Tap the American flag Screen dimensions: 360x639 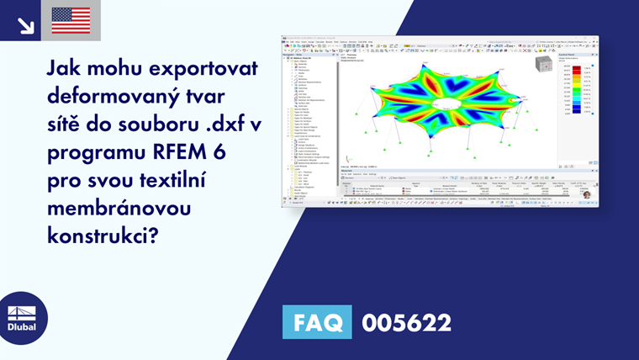(x=71, y=20)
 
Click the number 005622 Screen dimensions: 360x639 (x=406, y=322)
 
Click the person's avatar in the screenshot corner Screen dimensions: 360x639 (x=586, y=194)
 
